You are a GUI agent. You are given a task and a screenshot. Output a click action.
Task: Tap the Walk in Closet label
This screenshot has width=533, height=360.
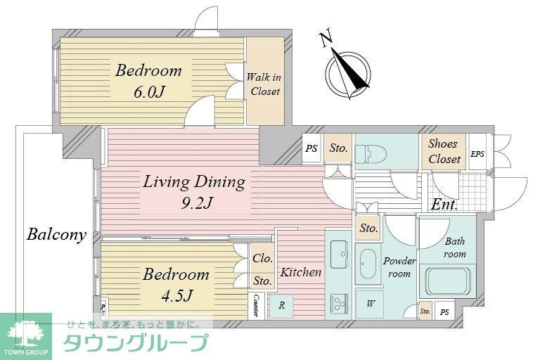coord(264,84)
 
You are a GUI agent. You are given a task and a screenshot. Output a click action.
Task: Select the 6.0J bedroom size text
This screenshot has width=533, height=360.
coord(149,91)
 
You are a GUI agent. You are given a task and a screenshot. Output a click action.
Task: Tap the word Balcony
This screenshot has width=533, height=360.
coord(56,235)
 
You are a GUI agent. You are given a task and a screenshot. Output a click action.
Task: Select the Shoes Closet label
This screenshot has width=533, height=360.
coord(444,151)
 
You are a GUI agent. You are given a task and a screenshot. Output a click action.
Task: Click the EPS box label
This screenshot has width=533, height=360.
coord(477,154)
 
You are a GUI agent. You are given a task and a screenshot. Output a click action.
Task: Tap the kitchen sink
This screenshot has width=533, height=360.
coord(338,250)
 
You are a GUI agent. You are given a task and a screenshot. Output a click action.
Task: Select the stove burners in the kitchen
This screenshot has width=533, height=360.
coord(338,304)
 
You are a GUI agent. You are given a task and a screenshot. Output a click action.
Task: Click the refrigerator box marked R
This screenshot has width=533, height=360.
coord(281,306)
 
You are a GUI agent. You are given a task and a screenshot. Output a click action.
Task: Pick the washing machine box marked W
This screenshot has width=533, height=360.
coord(369,304)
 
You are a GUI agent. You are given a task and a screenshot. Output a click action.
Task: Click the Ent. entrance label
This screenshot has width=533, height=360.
coord(444,205)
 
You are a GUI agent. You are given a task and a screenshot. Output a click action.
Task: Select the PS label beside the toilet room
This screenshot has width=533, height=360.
coord(312,148)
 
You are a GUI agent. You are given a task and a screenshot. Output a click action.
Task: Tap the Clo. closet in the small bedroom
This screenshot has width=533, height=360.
coord(263,258)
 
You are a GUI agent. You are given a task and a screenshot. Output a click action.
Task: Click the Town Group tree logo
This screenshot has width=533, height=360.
coord(25,333)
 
